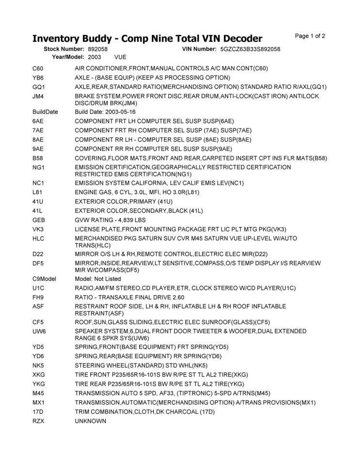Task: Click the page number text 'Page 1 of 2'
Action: click(310, 36)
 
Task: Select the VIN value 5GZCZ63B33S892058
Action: click(250, 49)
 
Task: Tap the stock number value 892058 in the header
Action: click(98, 49)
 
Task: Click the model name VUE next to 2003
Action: click(120, 57)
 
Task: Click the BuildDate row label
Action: click(45, 112)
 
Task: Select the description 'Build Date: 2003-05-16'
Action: click(105, 112)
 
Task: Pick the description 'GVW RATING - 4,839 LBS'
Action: click(110, 220)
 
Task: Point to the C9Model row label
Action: click(45, 279)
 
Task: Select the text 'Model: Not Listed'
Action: click(98, 279)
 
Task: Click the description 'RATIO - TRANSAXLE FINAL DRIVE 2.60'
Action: click(130, 297)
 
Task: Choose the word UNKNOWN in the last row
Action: click(90, 421)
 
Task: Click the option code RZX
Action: click(38, 421)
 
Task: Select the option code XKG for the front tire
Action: click(38, 375)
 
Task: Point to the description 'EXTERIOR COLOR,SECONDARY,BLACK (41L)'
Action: click(139, 211)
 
